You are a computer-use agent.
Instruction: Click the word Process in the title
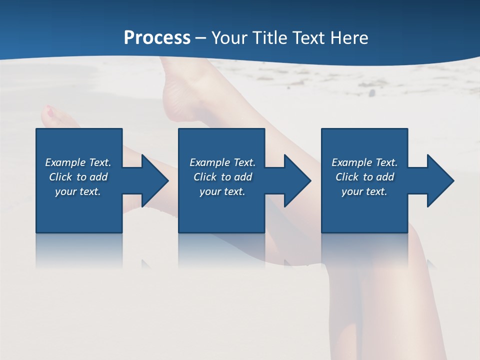coord(157,38)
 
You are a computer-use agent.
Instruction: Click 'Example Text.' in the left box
coord(78,162)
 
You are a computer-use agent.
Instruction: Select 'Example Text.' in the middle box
coord(222,162)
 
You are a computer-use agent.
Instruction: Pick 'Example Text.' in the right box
coord(364,162)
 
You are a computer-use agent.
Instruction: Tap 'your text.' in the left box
coord(78,191)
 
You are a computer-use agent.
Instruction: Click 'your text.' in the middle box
coord(222,191)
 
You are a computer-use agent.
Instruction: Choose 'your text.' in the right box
coord(364,191)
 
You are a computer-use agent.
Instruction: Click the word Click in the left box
coord(60,177)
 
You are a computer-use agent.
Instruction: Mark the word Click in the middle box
coord(205,177)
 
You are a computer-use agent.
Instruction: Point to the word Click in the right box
coord(347,177)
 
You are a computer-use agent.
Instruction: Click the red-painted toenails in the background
coord(50,113)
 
